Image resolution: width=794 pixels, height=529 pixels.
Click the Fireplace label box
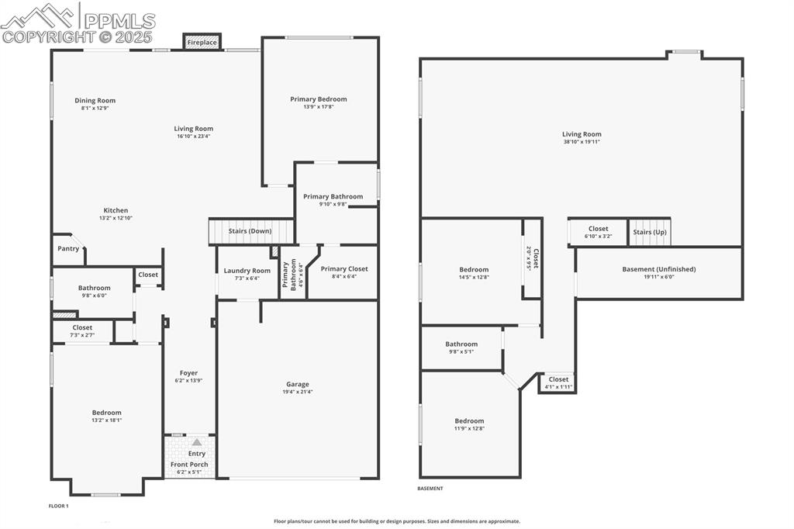pyautogui.click(x=202, y=43)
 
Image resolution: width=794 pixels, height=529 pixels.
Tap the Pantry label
pyautogui.click(x=68, y=249)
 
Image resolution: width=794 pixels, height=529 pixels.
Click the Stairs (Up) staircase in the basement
pyautogui.click(x=650, y=232)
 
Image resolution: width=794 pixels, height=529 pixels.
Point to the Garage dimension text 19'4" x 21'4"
pyautogui.click(x=298, y=392)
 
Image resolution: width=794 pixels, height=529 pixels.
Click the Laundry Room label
pyautogui.click(x=247, y=271)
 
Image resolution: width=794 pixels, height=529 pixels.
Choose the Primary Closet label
pyautogui.click(x=344, y=268)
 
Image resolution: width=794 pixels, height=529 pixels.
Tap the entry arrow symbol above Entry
pyautogui.click(x=197, y=441)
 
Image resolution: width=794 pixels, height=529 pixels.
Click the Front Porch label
pyautogui.click(x=189, y=465)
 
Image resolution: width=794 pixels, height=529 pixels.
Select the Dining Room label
pyautogui.click(x=95, y=100)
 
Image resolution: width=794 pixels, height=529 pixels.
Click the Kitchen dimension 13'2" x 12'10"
pyautogui.click(x=116, y=219)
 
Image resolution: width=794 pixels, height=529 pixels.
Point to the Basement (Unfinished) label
pyautogui.click(x=659, y=269)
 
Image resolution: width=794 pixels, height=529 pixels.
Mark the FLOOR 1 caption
pyautogui.click(x=59, y=506)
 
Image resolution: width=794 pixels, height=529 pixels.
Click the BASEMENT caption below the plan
pyautogui.click(x=430, y=489)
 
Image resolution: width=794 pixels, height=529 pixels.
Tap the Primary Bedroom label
pyautogui.click(x=319, y=99)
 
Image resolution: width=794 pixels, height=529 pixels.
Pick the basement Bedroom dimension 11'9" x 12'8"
pyautogui.click(x=469, y=429)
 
